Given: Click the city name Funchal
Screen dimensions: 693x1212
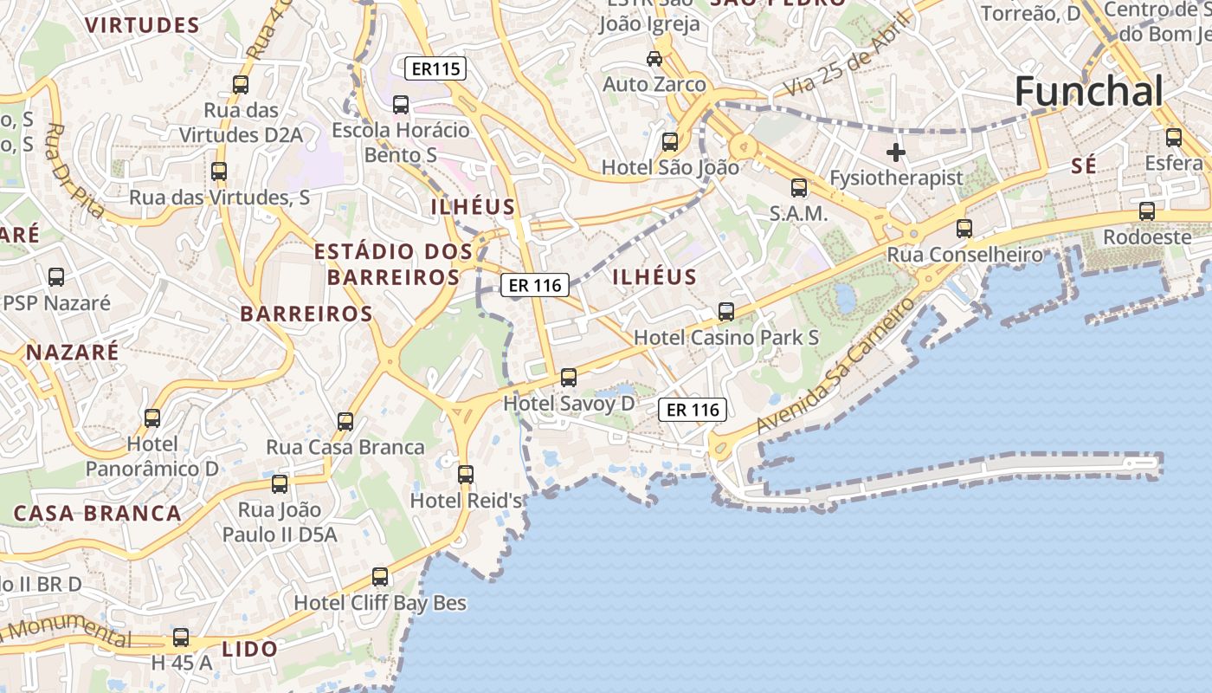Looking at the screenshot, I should point(1088,91).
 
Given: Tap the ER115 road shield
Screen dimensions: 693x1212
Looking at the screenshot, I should point(435,68).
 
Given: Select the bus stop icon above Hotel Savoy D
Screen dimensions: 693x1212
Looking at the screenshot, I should point(569,378).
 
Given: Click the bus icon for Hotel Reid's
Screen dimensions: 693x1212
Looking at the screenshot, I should point(466,475).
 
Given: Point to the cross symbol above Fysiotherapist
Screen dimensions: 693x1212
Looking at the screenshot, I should point(896,153).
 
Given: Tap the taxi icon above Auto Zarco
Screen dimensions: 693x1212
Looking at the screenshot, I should point(654,59).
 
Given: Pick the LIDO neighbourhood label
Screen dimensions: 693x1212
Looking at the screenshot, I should point(250,649).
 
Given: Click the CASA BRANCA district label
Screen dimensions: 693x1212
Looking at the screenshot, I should point(97,513).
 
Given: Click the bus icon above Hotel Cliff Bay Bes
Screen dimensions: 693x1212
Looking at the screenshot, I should point(380,577).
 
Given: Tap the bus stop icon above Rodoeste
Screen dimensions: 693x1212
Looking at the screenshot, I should point(1147,210).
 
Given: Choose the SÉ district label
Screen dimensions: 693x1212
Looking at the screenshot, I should point(1084,166).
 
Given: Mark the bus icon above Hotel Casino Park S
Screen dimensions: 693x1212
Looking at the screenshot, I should point(726,312).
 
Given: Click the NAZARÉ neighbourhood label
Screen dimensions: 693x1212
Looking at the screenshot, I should point(73,352).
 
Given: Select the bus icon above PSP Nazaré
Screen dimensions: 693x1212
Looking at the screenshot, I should point(56,277).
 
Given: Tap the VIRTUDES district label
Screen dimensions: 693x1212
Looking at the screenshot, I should point(143,25).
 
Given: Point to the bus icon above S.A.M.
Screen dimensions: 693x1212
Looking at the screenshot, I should point(799,187).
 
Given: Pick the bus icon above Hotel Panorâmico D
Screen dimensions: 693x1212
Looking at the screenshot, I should point(152,418).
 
